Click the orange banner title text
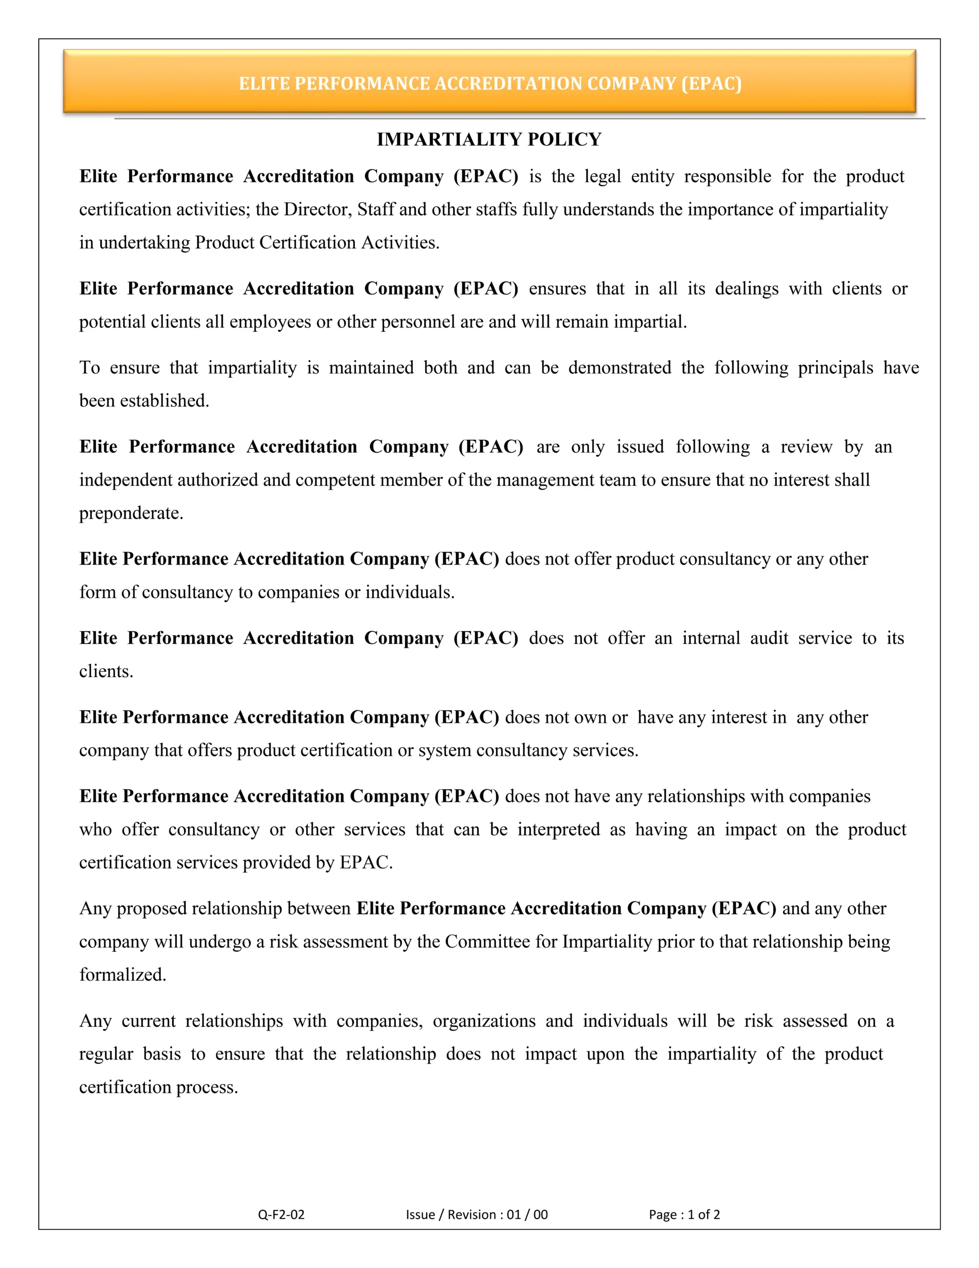coord(490,84)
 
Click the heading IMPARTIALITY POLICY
coord(489,139)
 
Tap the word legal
coord(602,176)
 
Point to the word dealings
coord(746,289)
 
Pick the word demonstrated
coord(619,368)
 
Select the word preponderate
coord(131,513)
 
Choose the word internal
coord(711,638)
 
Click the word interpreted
coord(558,829)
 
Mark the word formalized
coord(122,974)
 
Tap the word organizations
coord(484,1021)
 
